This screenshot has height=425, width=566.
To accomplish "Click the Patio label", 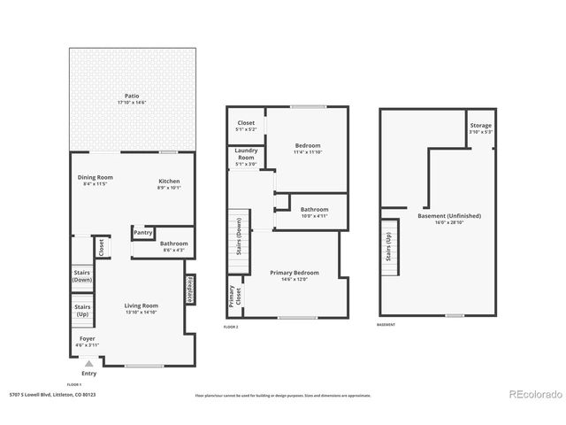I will pyautogui.click(x=131, y=96).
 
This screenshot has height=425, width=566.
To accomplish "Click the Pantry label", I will pyautogui.click(x=143, y=233).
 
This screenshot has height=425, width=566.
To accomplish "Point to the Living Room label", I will pyautogui.click(x=141, y=305).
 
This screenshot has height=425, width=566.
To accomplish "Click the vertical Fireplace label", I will pyautogui.click(x=189, y=290).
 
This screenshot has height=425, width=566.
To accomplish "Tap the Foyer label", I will pyautogui.click(x=88, y=338).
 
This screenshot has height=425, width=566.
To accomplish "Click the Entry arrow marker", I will pyautogui.click(x=88, y=364).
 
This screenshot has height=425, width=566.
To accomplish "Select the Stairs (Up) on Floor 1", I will pyautogui.click(x=83, y=311).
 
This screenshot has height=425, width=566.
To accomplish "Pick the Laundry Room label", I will pyautogui.click(x=246, y=153).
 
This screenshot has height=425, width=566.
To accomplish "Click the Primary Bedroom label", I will pyautogui.click(x=294, y=273).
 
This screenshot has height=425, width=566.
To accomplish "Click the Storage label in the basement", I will pyautogui.click(x=481, y=126).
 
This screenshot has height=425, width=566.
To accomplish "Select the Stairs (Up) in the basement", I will pyautogui.click(x=387, y=250).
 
